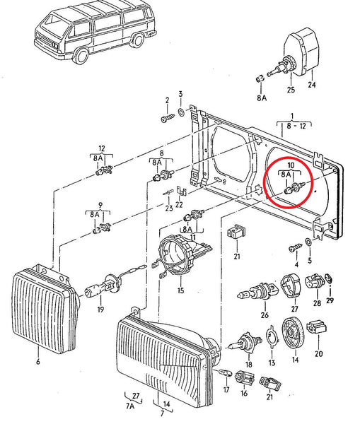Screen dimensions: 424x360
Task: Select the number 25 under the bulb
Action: [x=290, y=90]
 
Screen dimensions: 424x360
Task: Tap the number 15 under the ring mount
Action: [x=180, y=290]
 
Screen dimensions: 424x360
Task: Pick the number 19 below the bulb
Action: [x=100, y=310]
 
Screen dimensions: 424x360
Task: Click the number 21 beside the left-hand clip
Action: [x=237, y=257]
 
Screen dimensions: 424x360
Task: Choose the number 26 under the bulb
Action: [x=265, y=315]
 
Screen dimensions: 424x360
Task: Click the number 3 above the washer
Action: [x=180, y=94]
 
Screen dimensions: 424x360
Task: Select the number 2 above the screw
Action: [x=167, y=100]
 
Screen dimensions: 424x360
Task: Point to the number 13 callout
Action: [x=272, y=363]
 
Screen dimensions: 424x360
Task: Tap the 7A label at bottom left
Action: [x=130, y=408]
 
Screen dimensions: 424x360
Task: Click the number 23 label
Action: [x=168, y=208]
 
